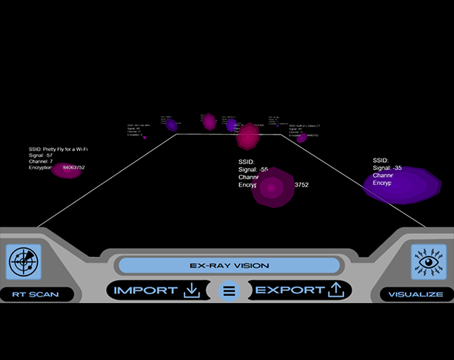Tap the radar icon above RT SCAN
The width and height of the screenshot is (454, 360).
(24, 262)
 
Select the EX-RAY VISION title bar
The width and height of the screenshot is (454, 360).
(228, 265)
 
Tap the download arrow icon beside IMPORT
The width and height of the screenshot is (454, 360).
(192, 290)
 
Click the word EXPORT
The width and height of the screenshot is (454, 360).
(290, 290)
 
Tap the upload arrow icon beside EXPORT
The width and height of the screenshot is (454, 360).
(336, 290)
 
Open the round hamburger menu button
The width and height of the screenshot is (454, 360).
(229, 292)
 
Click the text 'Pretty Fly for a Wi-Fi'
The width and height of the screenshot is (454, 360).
(69, 150)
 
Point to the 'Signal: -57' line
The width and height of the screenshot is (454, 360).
(41, 156)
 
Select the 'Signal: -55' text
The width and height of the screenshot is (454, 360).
(254, 169)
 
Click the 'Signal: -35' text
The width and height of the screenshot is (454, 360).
(388, 168)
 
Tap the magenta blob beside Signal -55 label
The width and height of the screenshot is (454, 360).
(272, 189)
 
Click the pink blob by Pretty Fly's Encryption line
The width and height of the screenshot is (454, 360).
(66, 171)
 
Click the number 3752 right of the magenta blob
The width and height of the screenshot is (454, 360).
(301, 185)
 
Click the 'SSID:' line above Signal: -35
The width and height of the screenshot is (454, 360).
(380, 161)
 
